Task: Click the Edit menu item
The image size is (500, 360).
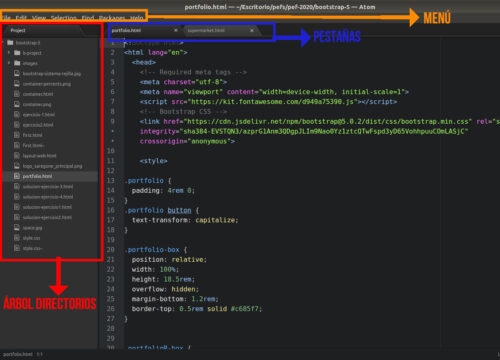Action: [x=20, y=17]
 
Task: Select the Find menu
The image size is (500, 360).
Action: [x=88, y=17]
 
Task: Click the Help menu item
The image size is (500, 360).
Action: [x=137, y=17]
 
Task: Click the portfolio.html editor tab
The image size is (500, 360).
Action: [x=127, y=30]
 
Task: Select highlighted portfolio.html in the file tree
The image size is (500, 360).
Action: [x=38, y=176]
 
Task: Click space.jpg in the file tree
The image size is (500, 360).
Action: [x=31, y=227]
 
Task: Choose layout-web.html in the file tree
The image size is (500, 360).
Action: [x=40, y=155]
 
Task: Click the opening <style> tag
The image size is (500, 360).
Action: [x=153, y=160]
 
